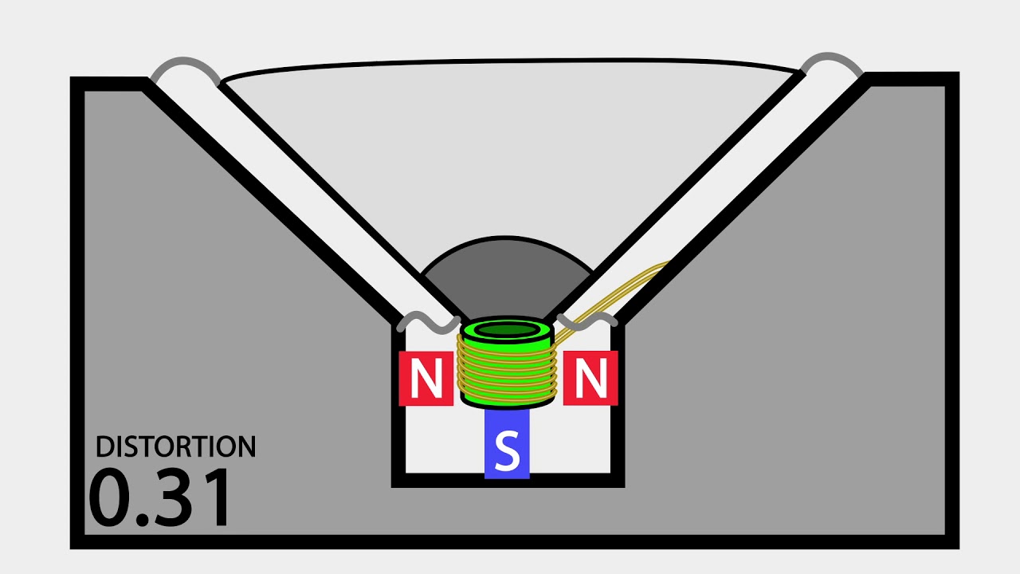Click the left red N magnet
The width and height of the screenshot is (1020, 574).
click(426, 378)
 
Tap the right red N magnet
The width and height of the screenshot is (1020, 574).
click(590, 378)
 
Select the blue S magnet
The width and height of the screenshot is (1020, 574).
click(507, 442)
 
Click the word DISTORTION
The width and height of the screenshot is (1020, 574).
click(176, 446)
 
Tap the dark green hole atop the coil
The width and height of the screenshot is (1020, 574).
click(507, 330)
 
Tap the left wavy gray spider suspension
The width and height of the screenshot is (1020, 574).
click(428, 321)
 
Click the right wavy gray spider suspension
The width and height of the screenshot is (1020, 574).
click(587, 320)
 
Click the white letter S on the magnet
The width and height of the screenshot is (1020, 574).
click(507, 450)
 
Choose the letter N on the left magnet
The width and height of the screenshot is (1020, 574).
click(426, 378)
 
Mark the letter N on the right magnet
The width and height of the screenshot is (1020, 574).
click(590, 378)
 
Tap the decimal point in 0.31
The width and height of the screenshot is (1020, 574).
click(142, 519)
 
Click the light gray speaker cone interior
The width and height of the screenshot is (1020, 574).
click(505, 151)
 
